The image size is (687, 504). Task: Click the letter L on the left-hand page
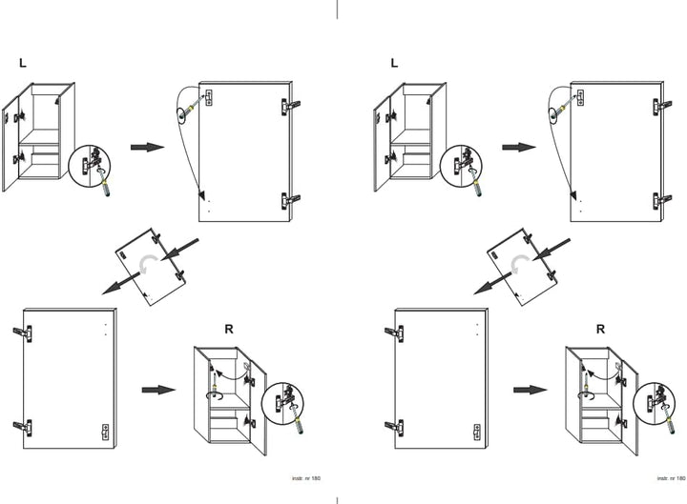23,63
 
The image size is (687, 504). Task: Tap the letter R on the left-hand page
229,329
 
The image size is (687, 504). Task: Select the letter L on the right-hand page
394,63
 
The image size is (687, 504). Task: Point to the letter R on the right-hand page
600,329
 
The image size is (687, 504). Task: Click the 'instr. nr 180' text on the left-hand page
306,478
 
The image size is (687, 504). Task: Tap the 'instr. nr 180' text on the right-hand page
671,478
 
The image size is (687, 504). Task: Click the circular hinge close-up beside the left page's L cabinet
90,166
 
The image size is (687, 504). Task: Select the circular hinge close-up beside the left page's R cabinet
282,403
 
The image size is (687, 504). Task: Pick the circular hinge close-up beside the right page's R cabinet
654,403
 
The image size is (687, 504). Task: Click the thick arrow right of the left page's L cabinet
147,147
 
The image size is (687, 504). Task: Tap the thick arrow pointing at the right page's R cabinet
531,390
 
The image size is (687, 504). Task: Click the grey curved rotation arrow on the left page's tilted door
146,264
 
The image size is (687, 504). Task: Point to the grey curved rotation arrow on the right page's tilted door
518,264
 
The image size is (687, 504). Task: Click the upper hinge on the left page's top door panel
290,106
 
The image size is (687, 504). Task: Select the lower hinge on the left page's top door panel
290,200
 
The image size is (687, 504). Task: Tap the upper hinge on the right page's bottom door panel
394,333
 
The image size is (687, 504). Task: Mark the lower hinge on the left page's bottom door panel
23,428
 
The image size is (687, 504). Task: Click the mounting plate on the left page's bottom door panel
105,432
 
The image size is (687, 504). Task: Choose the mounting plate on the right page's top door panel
580,97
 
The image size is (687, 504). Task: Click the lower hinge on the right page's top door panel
662,200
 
